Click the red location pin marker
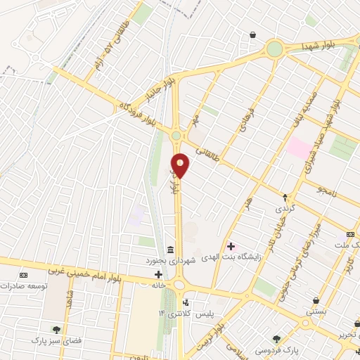[x=181, y=165]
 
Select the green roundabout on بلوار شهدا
[x=274, y=49]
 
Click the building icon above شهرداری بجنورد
[x=171, y=250]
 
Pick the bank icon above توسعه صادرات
[x=23, y=275]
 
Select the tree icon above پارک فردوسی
[x=276, y=338]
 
